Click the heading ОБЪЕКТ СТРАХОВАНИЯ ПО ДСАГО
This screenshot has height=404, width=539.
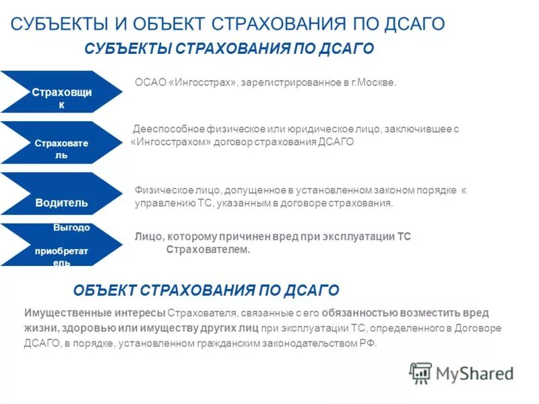tap(205, 291)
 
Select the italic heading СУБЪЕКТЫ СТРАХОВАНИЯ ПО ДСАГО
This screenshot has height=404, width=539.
tap(229, 50)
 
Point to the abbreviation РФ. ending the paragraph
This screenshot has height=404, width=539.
tap(370, 343)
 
